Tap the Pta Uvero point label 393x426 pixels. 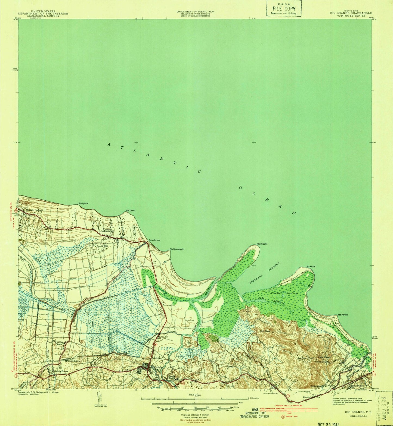(x=131, y=211)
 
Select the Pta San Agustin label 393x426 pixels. (x=177, y=249)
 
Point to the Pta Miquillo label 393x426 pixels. (x=262, y=244)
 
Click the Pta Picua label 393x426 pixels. (x=311, y=266)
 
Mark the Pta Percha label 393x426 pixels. (x=343, y=315)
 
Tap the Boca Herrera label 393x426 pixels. (x=154, y=240)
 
